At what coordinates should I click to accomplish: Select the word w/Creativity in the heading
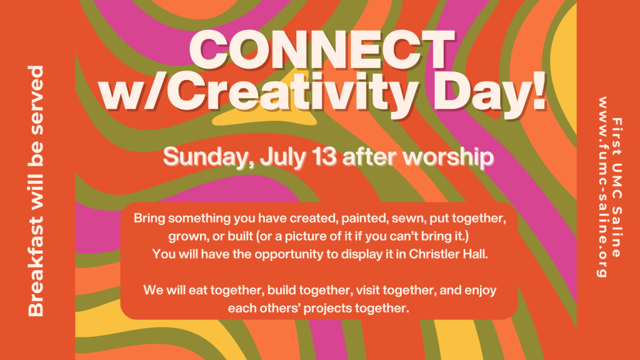click(x=258, y=94)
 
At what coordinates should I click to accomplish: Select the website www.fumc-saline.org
click(x=602, y=187)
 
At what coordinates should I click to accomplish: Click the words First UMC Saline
click(x=617, y=187)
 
